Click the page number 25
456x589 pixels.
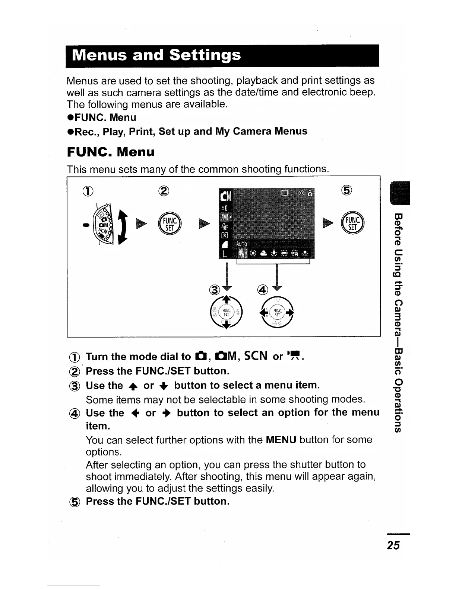click(393, 545)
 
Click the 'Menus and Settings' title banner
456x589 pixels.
click(156, 55)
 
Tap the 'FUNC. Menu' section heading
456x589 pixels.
click(111, 152)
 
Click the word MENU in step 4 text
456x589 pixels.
click(281, 440)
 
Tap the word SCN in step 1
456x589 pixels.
click(254, 356)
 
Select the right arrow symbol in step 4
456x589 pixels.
click(165, 413)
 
